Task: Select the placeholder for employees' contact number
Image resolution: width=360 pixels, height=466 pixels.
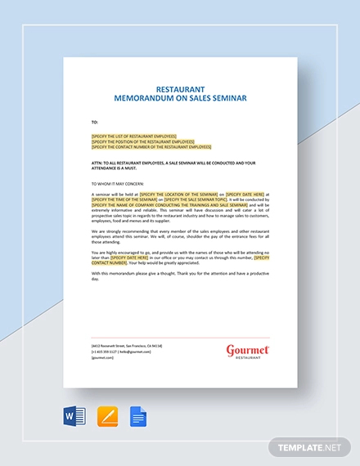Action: coord(151,147)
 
